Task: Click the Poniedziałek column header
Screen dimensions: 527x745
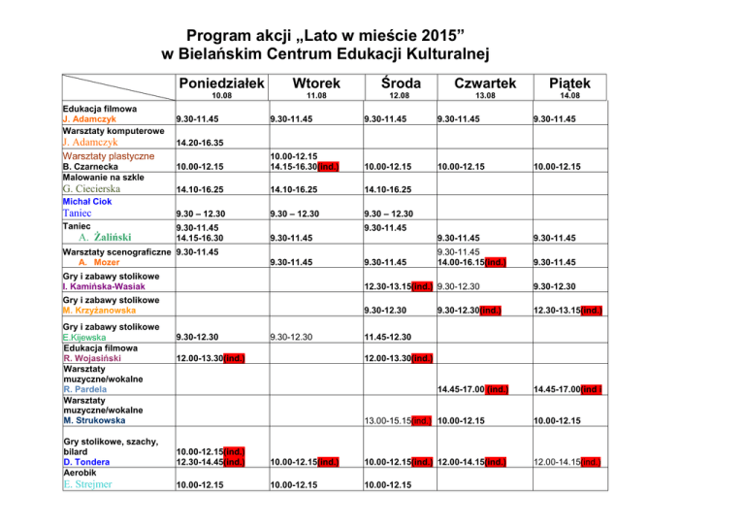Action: (x=220, y=82)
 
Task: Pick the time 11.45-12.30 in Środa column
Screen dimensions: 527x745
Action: (x=388, y=338)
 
